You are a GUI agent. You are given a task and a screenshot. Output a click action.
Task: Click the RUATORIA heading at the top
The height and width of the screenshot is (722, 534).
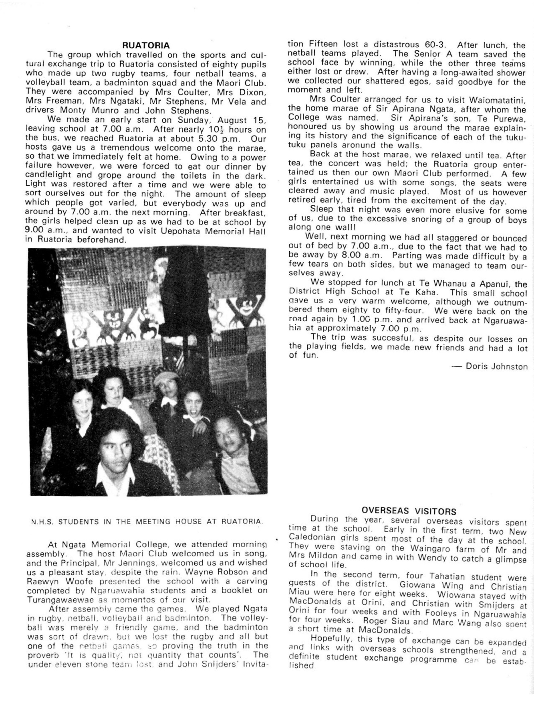146,45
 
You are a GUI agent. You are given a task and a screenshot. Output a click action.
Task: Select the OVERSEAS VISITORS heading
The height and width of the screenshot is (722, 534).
409,511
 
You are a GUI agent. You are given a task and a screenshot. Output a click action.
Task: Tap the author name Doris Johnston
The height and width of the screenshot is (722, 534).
497,366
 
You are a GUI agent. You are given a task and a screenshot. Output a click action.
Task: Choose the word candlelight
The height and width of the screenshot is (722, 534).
44,175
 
